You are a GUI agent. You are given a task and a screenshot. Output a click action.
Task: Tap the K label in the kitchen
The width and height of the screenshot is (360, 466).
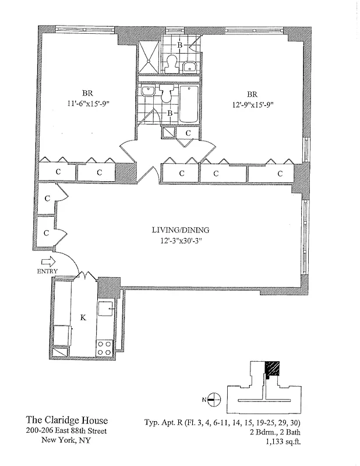point(83,317)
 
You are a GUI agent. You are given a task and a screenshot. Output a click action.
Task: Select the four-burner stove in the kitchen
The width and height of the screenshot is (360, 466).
point(105,348)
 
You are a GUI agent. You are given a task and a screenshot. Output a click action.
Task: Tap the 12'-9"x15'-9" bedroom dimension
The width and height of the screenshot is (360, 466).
point(252,105)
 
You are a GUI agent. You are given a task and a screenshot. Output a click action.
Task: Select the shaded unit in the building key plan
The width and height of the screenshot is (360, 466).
point(272,369)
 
